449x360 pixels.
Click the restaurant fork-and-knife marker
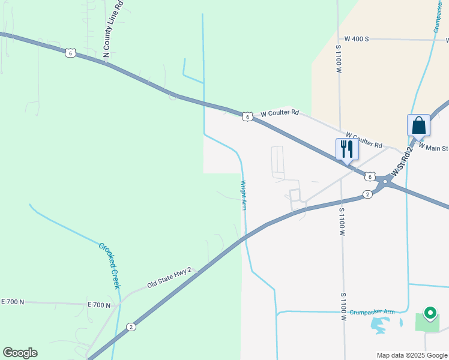click(347, 149)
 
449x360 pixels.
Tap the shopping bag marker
click(418, 126)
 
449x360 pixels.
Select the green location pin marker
click(430, 313)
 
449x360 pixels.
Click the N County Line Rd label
click(113, 29)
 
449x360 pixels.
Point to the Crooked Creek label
click(110, 266)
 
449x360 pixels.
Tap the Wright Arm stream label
click(243, 195)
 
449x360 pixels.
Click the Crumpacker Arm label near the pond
click(372, 312)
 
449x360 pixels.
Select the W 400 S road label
click(352, 38)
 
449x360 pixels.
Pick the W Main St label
click(433, 146)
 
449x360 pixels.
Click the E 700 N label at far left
click(13, 301)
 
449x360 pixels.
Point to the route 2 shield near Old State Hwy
click(131, 327)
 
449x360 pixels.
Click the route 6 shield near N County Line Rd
click(71, 53)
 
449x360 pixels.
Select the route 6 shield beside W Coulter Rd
click(247, 116)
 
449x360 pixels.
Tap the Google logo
click(20, 352)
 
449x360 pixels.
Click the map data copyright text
click(412, 355)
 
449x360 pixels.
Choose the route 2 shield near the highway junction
click(367, 194)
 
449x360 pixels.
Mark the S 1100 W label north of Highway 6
click(339, 59)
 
